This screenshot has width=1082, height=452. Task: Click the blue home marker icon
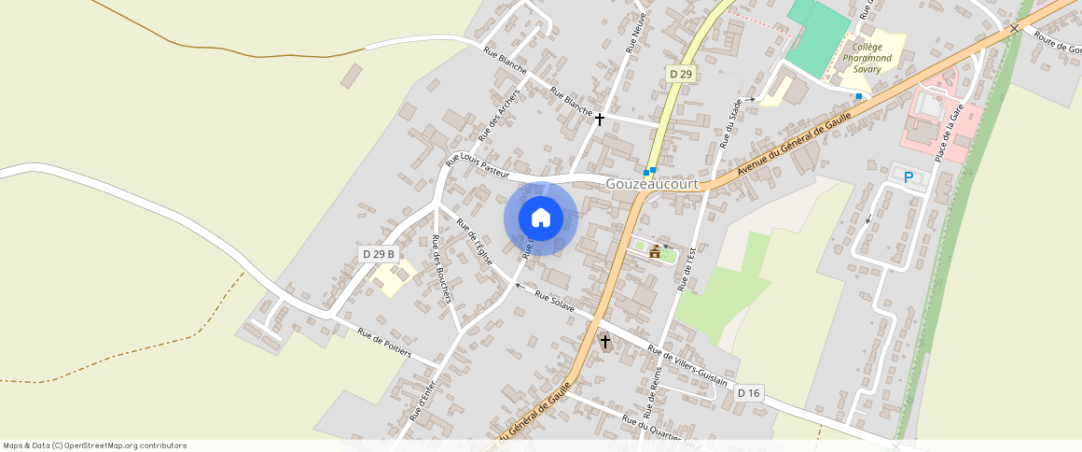coord(541,219)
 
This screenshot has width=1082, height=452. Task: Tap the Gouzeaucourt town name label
coord(652,185)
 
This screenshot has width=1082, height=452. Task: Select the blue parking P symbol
coord(908,177)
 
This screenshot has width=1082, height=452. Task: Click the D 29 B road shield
coord(379,254)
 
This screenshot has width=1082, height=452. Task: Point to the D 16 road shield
coord(748,393)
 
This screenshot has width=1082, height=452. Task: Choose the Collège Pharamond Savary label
coord(867,57)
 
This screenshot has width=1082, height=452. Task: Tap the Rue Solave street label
coord(556,300)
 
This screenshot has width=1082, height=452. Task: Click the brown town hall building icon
coord(655,251)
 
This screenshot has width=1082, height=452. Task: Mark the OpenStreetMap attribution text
coord(95,445)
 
